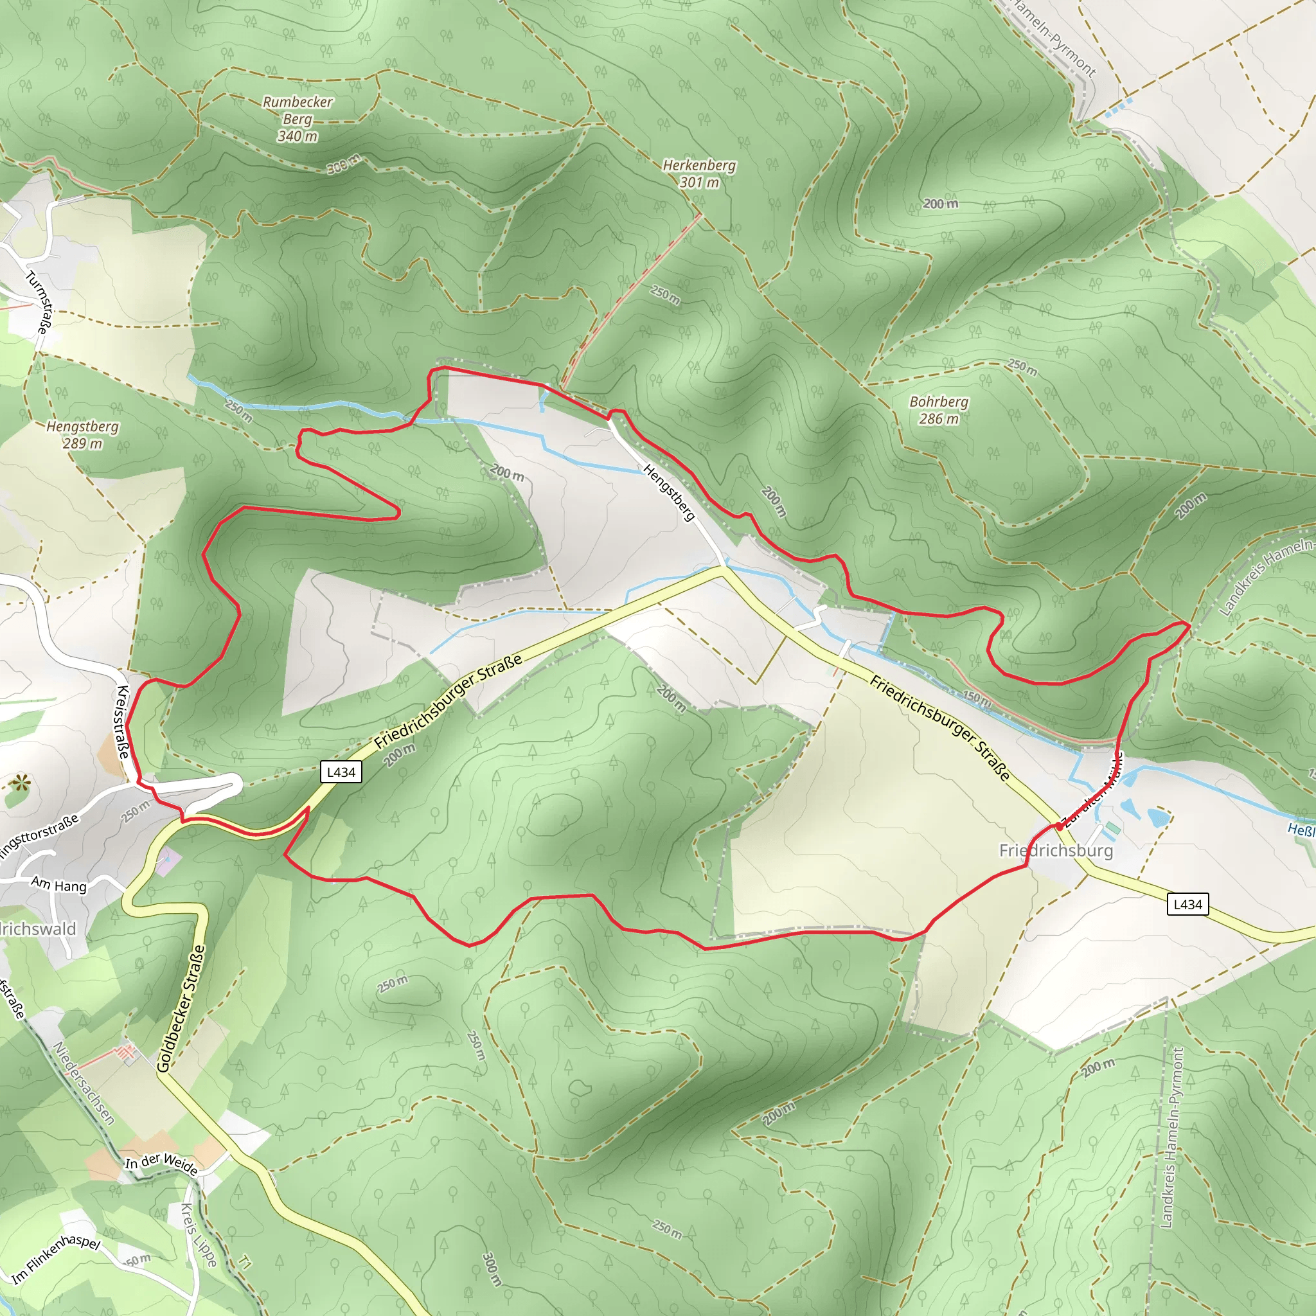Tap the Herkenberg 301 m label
tap(699, 173)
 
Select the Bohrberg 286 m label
tap(939, 410)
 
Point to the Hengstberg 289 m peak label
tap(82, 434)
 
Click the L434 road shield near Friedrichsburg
tap(1188, 904)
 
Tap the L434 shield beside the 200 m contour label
tap(341, 772)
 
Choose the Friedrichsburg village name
tap(1056, 850)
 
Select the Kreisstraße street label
tap(123, 722)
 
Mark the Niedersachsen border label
tap(83, 1083)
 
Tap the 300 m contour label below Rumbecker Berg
tap(343, 164)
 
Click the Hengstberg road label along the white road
tap(669, 492)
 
